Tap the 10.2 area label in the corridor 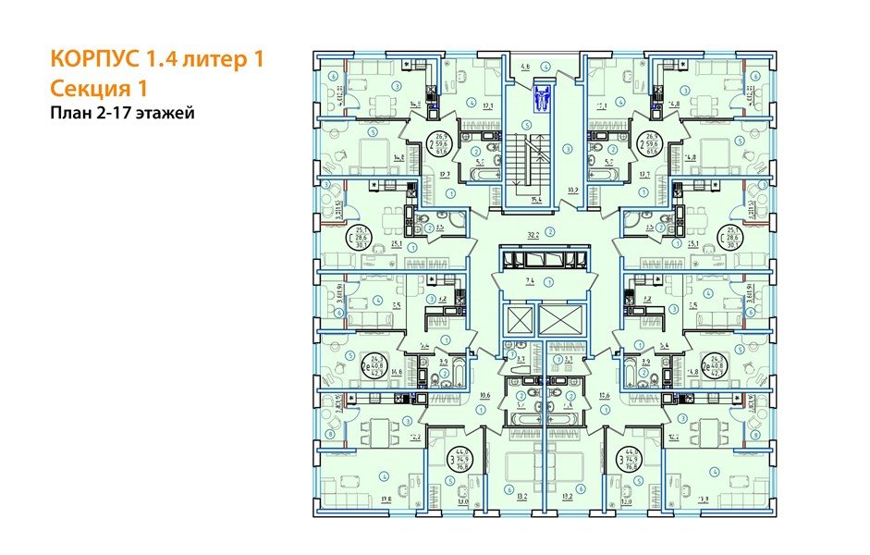point(571,191)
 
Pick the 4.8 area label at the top point(525,67)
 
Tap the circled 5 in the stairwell point(525,125)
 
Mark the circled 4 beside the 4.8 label point(545,66)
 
